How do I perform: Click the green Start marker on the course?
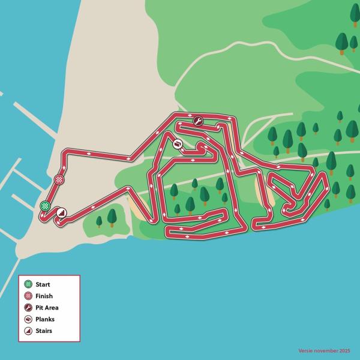point(45,206)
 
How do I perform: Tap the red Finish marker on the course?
point(59,179)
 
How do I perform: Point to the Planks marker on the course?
point(178,144)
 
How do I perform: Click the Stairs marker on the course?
point(61,212)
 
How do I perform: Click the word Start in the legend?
point(43,284)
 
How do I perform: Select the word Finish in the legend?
point(44,296)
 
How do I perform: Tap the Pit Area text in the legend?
point(47,307)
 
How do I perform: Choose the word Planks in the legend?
point(45,319)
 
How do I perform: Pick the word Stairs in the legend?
point(44,331)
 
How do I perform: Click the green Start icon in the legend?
point(28,284)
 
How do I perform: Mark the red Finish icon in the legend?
point(28,296)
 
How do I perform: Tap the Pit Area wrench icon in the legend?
point(28,307)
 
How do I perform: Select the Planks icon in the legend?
point(28,319)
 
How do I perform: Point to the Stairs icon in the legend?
point(28,331)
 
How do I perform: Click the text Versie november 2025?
point(325,350)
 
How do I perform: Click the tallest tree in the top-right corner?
point(342,43)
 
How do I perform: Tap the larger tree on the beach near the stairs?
point(112,217)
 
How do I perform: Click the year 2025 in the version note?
point(345,350)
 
